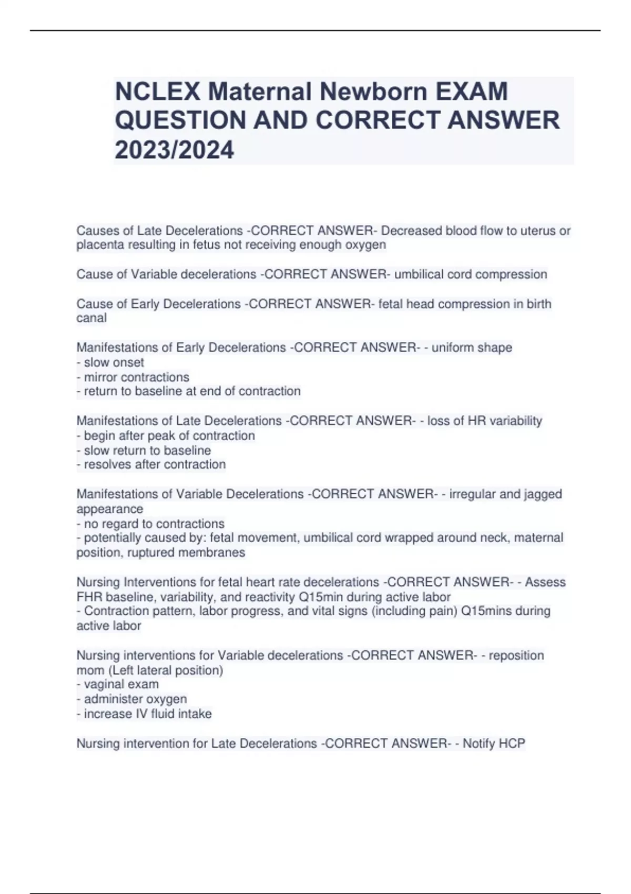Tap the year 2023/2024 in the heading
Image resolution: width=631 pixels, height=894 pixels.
[174, 150]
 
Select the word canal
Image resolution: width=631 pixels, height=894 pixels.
[91, 318]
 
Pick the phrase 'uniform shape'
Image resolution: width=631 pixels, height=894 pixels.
[472, 348]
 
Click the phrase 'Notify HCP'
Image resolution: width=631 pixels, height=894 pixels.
[494, 744]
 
